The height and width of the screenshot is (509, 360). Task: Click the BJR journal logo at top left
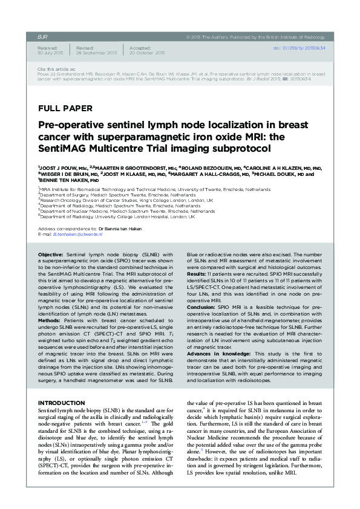pyautogui.click(x=42, y=37)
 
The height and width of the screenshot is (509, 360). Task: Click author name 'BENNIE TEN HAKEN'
pyautogui.click(x=64, y=180)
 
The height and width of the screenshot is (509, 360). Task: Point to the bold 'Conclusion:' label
pyautogui.click(x=202, y=323)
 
